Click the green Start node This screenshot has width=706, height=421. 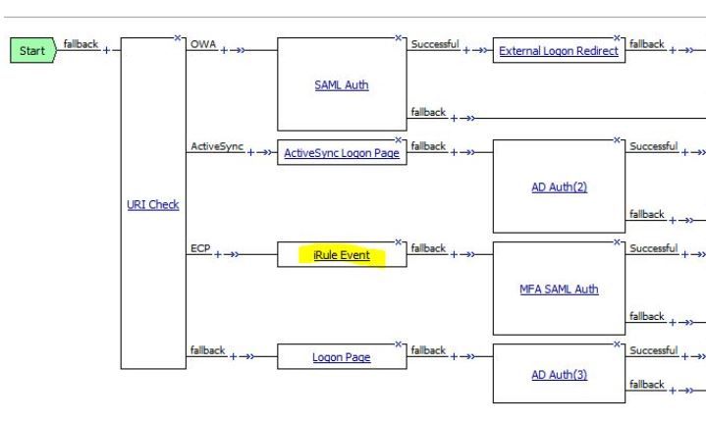click(32, 50)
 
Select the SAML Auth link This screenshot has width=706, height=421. click(335, 85)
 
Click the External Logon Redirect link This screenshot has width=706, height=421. click(560, 51)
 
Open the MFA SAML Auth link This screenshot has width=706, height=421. click(559, 289)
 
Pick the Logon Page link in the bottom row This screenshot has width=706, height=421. click(341, 357)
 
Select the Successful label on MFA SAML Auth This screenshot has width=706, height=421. click(653, 247)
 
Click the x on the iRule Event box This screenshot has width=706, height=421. click(398, 241)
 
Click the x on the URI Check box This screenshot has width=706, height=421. click(178, 38)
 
